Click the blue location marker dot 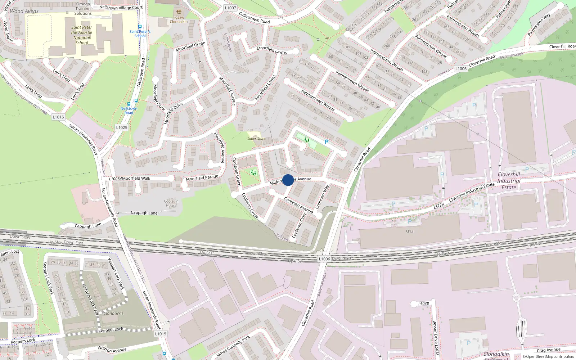click(288, 180)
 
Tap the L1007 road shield click(230, 8)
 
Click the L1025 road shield click(122, 127)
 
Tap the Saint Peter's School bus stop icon click(140, 27)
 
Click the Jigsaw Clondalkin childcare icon click(179, 12)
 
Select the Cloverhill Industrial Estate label click(509, 181)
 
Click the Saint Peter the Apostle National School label click(82, 35)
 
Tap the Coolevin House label click(171, 203)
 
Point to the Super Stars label click(256, 139)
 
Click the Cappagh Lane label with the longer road click(144, 213)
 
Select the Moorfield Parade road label click(202, 178)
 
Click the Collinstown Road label click(254, 18)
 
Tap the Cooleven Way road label click(322, 197)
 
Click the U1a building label click(410, 231)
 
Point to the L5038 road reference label click(423, 304)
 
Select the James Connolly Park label click(233, 346)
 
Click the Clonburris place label click(113, 313)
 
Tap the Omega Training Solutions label click(83, 9)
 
